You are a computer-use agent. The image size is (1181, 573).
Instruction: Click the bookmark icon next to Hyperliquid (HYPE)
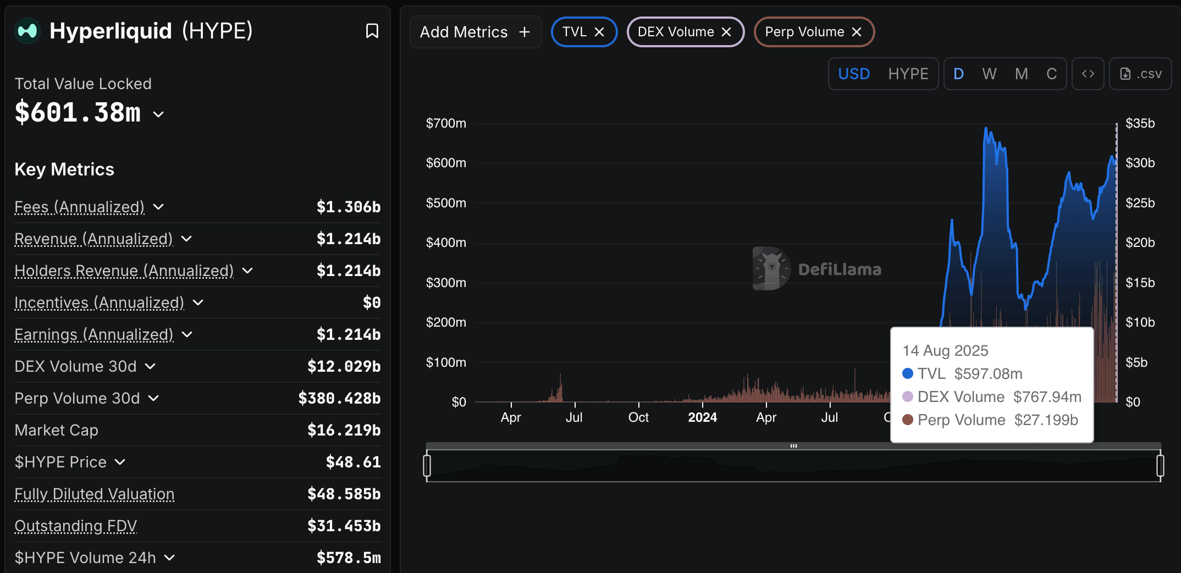pos(372,31)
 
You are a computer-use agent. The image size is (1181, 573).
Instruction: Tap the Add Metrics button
pos(475,32)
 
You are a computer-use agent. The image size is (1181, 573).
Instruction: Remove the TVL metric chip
pos(599,32)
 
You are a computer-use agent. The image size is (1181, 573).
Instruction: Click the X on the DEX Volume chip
pos(726,32)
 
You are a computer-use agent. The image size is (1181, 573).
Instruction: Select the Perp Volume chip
pos(804,32)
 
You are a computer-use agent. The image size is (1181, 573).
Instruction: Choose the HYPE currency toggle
pos(908,74)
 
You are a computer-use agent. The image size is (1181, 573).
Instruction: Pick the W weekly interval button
pos(989,74)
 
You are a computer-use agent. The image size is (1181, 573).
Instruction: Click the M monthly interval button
pos(1021,74)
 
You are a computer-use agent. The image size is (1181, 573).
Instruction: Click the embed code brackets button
pos(1088,74)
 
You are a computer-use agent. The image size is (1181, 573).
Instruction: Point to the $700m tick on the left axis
pos(446,123)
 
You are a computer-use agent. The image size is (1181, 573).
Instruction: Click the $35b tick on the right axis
pos(1140,123)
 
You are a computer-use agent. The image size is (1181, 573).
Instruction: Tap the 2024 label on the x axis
pos(702,417)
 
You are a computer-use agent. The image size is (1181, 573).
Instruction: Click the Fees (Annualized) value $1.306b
pos(348,207)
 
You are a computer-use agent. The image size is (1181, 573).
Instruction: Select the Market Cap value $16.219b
pos(344,430)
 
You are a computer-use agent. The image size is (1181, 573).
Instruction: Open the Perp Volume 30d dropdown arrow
pos(154,398)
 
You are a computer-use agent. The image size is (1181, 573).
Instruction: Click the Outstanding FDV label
pos(76,526)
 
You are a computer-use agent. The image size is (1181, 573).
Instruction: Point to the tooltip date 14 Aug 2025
pos(945,350)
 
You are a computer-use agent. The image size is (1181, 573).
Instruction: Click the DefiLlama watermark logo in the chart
pos(771,268)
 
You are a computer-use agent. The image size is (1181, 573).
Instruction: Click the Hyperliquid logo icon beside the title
pos(27,31)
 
